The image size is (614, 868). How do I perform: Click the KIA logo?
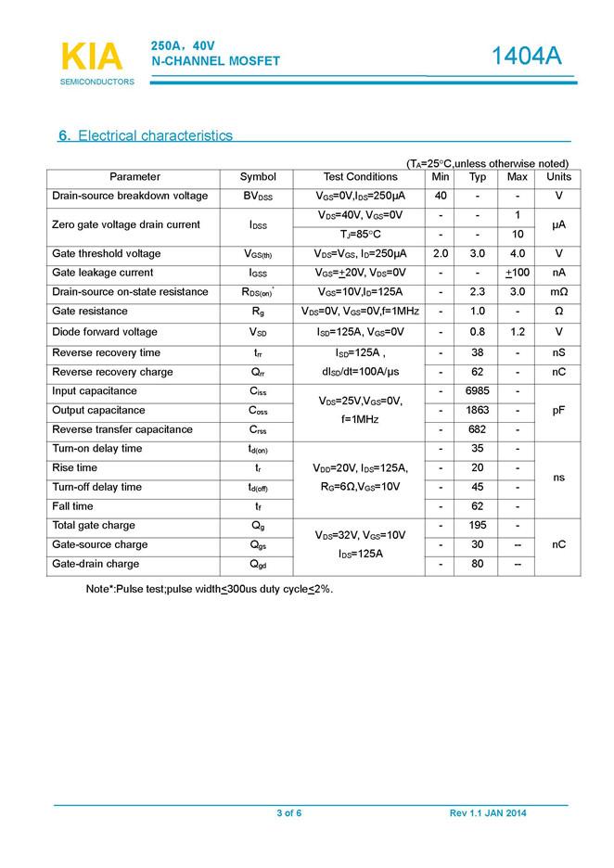click(91, 57)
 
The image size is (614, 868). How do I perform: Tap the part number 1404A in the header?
click(526, 57)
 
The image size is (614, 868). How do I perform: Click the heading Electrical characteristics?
click(146, 136)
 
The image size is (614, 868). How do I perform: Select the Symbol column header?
click(258, 177)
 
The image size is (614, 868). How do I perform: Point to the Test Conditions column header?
click(360, 177)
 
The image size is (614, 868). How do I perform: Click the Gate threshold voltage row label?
click(107, 254)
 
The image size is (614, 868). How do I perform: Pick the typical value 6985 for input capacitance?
click(478, 391)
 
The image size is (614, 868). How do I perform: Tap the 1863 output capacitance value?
click(478, 411)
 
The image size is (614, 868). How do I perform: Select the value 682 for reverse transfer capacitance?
click(478, 430)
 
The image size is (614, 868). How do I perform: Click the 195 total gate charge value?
click(478, 526)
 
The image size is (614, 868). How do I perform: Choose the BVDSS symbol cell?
click(258, 197)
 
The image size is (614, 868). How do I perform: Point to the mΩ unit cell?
click(558, 292)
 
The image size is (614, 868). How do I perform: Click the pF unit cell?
click(558, 411)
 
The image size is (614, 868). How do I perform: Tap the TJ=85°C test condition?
click(360, 235)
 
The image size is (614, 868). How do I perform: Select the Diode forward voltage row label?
click(106, 332)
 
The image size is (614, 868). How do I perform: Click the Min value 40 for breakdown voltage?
click(441, 197)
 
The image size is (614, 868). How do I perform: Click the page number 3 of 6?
click(289, 813)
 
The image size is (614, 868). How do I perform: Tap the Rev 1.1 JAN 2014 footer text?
click(488, 813)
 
